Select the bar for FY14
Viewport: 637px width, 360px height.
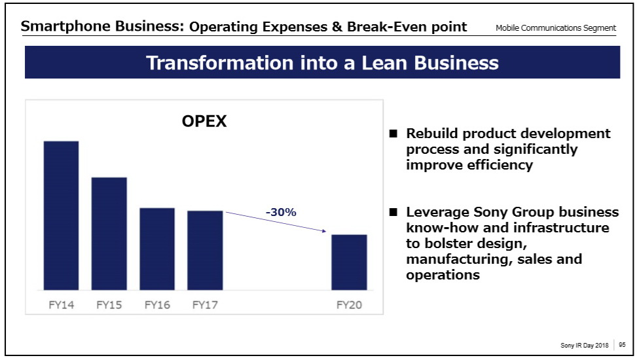coord(61,215)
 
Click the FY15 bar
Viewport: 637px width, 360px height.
coord(109,234)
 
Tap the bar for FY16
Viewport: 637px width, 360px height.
coord(157,249)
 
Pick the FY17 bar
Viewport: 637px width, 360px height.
coord(205,250)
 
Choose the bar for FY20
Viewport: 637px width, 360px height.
coord(349,262)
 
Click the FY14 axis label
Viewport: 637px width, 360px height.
coord(62,305)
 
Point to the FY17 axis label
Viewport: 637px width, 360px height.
coord(205,305)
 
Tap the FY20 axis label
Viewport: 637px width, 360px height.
coord(349,305)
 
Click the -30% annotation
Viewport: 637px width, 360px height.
coord(281,212)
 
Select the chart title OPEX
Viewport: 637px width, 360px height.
coord(204,121)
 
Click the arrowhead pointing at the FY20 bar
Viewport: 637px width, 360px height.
coord(324,231)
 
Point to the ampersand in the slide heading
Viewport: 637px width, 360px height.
coord(337,27)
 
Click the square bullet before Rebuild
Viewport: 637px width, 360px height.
coord(393,134)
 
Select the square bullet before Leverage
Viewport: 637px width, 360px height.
coord(393,212)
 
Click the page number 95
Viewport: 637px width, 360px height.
coord(622,344)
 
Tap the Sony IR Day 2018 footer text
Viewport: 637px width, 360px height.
coord(585,345)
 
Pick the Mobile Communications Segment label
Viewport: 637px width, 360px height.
coord(556,28)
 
